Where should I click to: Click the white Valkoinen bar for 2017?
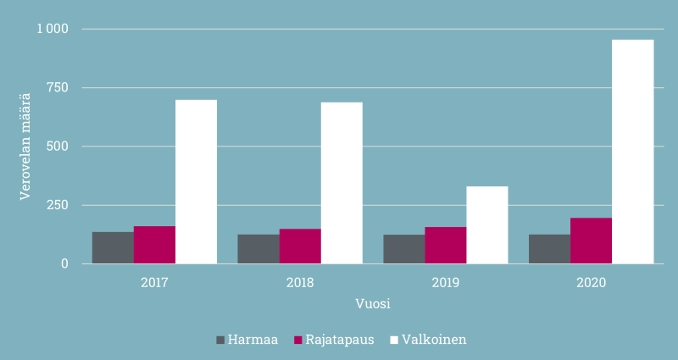tap(196, 181)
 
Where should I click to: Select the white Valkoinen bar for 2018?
tap(342, 183)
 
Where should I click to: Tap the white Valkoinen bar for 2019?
tap(487, 224)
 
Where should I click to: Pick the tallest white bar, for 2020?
tap(633, 152)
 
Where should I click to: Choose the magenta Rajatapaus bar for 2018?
tap(300, 246)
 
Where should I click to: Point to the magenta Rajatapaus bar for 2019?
tap(446, 245)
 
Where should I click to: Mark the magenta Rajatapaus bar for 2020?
tap(591, 241)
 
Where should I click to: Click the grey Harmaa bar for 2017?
tap(113, 247)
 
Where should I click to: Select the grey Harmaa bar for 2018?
tap(258, 249)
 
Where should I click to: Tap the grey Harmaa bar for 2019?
tap(403, 249)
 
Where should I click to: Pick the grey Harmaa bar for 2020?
tap(549, 249)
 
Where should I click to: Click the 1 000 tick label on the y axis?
tap(52, 30)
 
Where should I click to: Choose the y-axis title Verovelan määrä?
tap(25, 147)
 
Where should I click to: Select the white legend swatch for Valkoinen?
tap(392, 341)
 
